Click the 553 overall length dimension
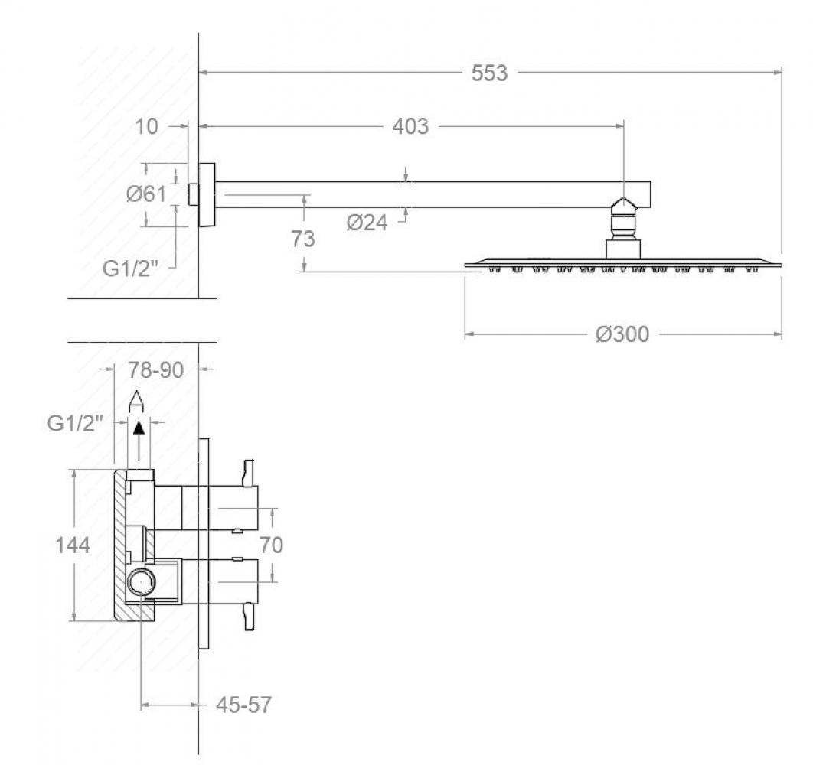pos(489,73)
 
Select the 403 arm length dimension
pos(410,126)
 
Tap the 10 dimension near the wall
pos(146,126)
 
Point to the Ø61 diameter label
pos(146,194)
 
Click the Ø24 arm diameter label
pos(367,223)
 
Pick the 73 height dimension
pos(303,239)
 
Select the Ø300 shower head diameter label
pos(622,334)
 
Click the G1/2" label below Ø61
pos(130,269)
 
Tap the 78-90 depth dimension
pos(156,370)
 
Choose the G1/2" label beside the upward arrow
pos(75,424)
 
